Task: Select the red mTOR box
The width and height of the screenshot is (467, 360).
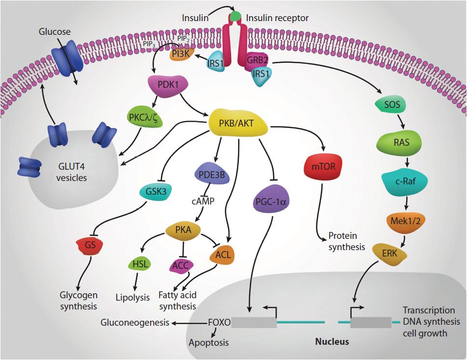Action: (x=323, y=166)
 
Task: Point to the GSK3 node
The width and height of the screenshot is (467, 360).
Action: (x=156, y=192)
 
